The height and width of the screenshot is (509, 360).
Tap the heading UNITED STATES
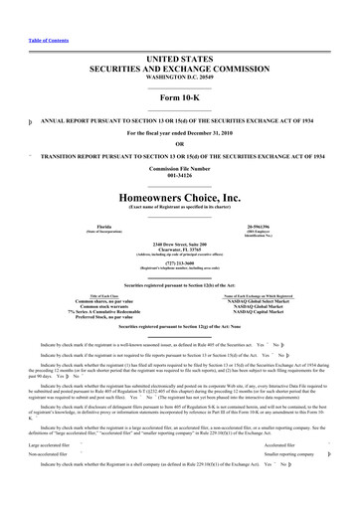point(180,31)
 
